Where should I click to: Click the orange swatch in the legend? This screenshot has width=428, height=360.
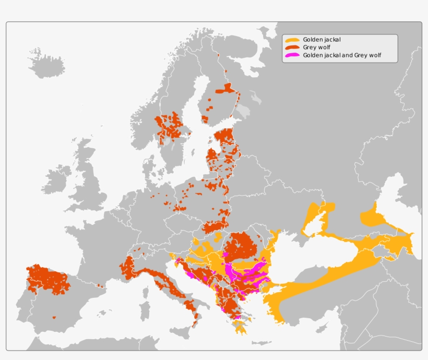click(x=292, y=40)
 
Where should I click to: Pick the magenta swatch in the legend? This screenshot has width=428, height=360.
click(x=292, y=55)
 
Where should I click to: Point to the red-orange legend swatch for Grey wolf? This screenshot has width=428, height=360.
click(x=292, y=47)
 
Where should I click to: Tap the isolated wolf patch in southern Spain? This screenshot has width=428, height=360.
click(x=54, y=317)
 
